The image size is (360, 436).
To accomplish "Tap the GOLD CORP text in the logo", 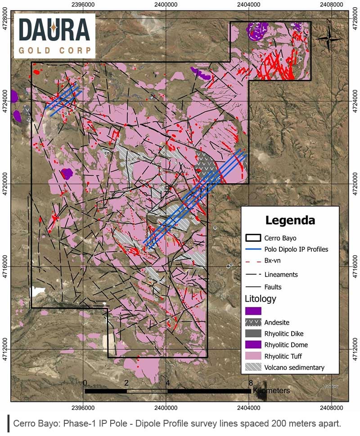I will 54,50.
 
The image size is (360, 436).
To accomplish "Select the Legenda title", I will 290,220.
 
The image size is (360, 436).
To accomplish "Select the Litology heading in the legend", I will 260,298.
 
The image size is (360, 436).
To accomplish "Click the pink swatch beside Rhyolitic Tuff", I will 253,356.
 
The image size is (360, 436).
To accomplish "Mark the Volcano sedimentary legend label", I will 295,367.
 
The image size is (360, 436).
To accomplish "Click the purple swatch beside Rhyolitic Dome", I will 253,345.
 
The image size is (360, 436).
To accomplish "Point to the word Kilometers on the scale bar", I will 271,391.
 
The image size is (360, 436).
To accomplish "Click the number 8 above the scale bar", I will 250,383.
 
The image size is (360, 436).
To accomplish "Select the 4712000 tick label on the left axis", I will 4,350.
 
